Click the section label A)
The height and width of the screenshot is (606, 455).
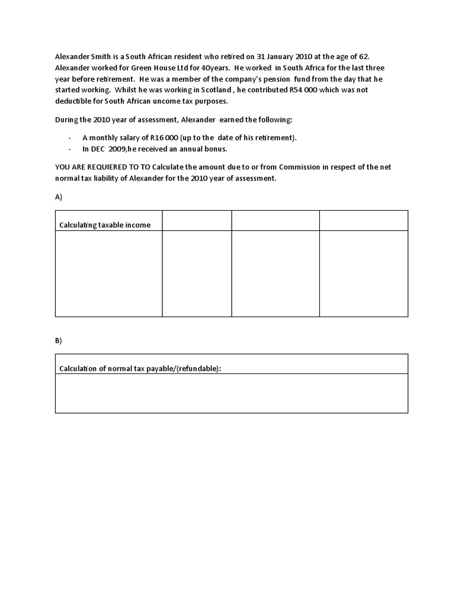pos(59,197)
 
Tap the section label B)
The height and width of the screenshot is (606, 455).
pos(59,341)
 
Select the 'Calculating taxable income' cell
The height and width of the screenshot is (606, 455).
pos(105,224)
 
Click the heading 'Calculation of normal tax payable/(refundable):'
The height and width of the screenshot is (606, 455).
pos(140,369)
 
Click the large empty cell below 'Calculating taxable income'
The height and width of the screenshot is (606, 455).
pos(108,273)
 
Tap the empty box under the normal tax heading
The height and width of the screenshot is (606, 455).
pos(231,394)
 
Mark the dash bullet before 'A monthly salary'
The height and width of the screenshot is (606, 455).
pos(71,138)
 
